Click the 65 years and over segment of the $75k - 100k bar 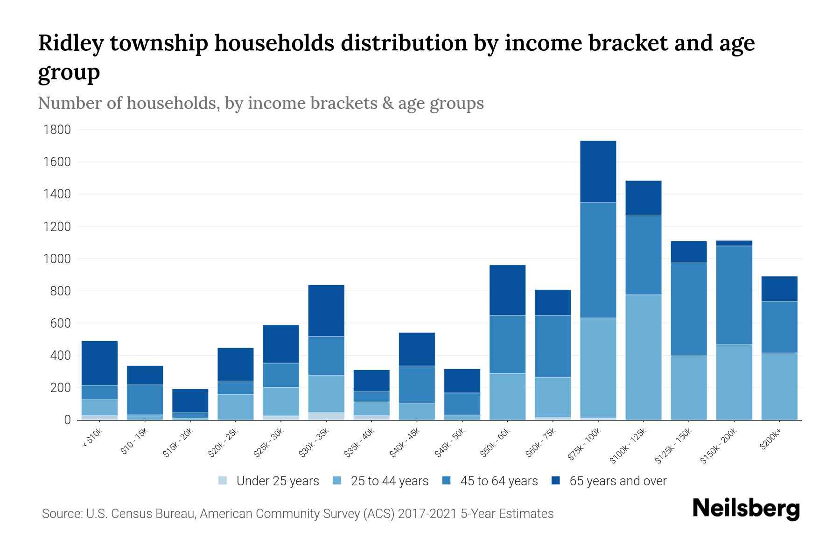point(598,171)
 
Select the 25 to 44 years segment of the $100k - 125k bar point(643,357)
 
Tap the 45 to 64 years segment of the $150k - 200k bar point(734,295)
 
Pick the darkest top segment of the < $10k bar point(99,363)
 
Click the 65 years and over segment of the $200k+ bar point(779,288)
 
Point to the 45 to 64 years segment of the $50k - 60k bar point(507,344)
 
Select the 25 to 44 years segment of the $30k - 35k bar point(326,393)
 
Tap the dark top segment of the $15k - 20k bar point(190,400)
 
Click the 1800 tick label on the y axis point(57,130)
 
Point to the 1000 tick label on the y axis point(57,259)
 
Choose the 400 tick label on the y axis point(61,356)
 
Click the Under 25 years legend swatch point(223,481)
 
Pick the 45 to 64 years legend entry point(498,481)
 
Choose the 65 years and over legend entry point(617,481)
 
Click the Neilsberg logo point(746,509)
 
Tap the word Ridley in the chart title point(70,43)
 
